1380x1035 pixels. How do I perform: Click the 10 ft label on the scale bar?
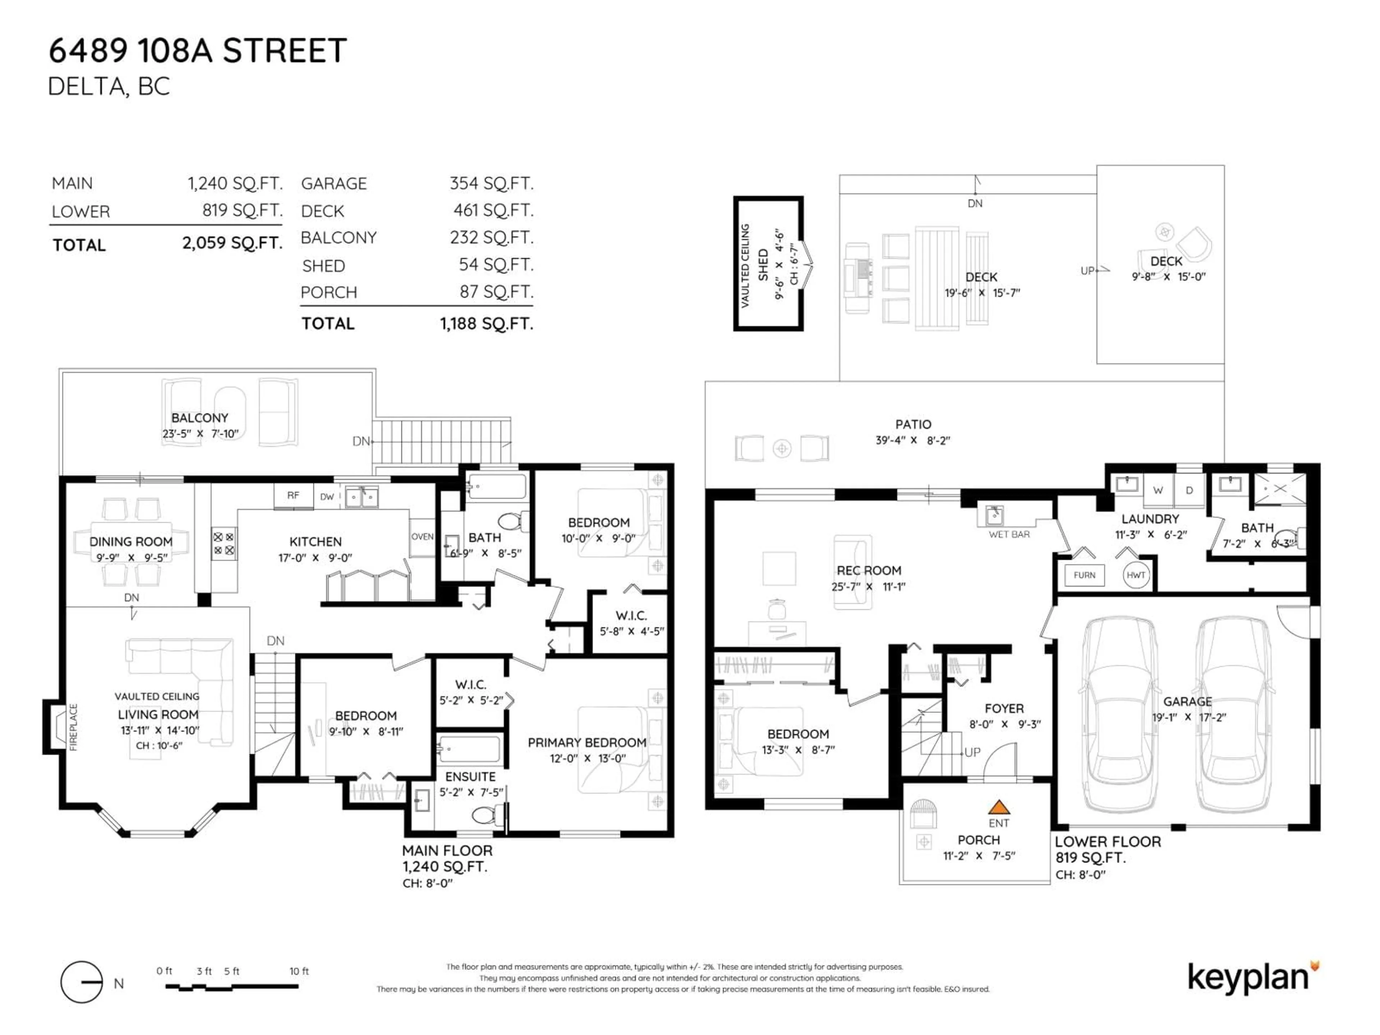click(x=299, y=971)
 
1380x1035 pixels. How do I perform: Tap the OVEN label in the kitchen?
click(x=422, y=537)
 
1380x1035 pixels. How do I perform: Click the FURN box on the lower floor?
click(x=1084, y=575)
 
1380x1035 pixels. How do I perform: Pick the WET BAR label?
click(x=1009, y=535)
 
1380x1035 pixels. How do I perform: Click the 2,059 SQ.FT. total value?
click(x=232, y=243)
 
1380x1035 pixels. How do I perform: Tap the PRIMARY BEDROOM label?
click(x=586, y=742)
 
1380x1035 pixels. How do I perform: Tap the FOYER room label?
click(x=1004, y=709)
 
